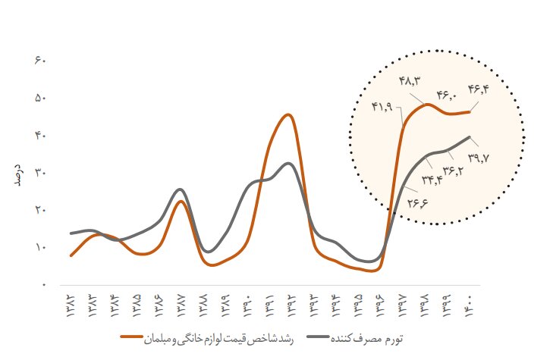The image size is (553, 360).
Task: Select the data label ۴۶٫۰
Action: click(x=447, y=95)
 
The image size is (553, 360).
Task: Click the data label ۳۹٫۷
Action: click(x=480, y=158)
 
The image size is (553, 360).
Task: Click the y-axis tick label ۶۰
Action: click(x=41, y=60)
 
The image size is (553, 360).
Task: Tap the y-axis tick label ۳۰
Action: click(x=41, y=173)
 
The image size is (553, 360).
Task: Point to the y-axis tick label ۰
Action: click(x=43, y=285)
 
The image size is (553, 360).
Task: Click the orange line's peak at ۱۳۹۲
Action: click(x=287, y=115)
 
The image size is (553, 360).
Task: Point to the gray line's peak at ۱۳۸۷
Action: click(x=179, y=189)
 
